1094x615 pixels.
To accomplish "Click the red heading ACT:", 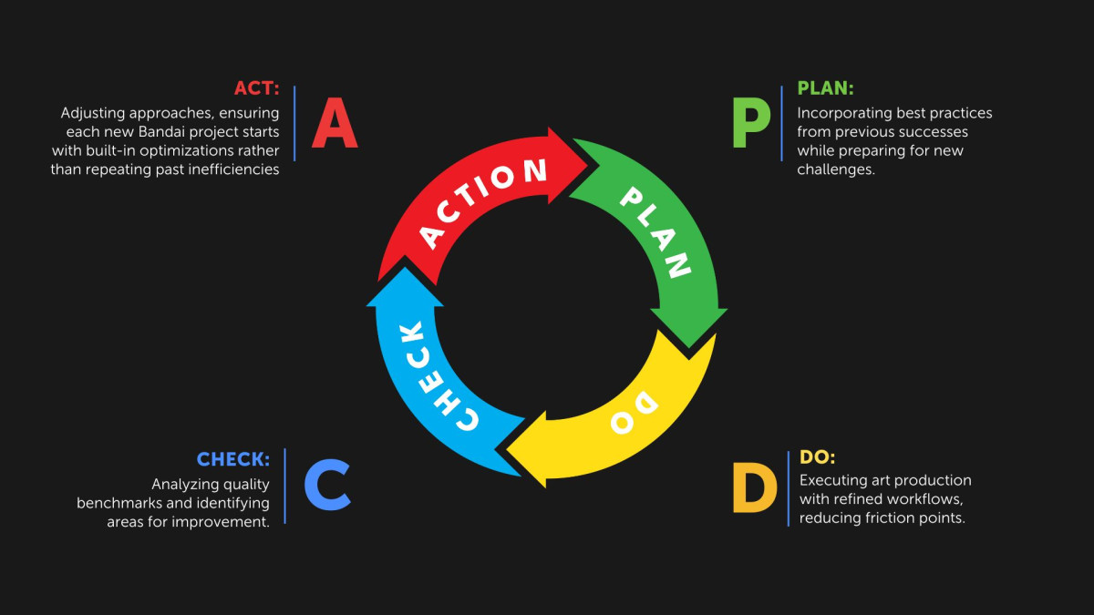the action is click(256, 88).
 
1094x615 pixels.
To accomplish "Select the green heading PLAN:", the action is click(825, 88).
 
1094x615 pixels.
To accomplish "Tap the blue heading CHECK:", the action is click(233, 459).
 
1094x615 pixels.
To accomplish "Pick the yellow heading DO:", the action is click(817, 457).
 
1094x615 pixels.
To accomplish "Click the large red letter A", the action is click(335, 122).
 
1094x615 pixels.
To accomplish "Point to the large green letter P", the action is click(751, 122).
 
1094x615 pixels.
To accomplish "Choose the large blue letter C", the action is click(327, 485).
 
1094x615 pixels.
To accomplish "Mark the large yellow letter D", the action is click(755, 487).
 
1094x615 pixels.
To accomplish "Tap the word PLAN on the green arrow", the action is click(655, 232).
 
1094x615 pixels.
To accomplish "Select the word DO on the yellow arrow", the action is click(634, 412).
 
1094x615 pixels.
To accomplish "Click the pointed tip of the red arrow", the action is click(587, 166).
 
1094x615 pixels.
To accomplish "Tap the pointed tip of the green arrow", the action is click(689, 348).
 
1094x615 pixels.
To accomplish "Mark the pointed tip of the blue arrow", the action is click(405, 268).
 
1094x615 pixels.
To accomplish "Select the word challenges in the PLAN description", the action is click(836, 169).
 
